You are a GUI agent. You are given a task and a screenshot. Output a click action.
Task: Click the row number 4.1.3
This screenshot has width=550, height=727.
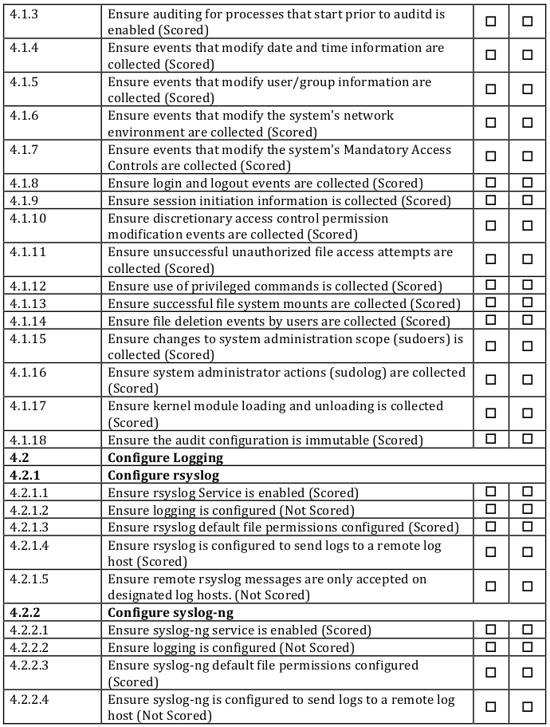pyautogui.click(x=24, y=14)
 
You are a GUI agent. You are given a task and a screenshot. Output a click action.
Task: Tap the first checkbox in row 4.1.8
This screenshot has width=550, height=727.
pyautogui.click(x=490, y=183)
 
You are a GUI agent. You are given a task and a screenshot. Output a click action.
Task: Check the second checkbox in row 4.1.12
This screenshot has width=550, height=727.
pyautogui.click(x=527, y=286)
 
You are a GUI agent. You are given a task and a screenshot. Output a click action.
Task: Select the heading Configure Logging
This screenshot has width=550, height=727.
pyautogui.click(x=165, y=458)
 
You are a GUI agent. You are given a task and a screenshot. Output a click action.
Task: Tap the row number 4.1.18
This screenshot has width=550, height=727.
pyautogui.click(x=28, y=441)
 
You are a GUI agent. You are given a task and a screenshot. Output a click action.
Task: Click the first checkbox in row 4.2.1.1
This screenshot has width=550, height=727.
pyautogui.click(x=490, y=492)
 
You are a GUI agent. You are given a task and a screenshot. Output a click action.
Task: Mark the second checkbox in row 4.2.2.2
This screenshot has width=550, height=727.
pyautogui.click(x=527, y=646)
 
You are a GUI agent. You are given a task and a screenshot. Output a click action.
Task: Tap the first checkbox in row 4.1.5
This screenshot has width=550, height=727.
pyautogui.click(x=490, y=89)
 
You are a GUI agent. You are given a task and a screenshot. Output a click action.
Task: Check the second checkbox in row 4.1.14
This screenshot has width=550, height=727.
pyautogui.click(x=527, y=320)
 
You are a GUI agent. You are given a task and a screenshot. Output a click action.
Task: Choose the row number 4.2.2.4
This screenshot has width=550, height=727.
pyautogui.click(x=29, y=700)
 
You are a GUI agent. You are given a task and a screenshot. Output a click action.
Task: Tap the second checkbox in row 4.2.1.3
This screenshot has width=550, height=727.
pyautogui.click(x=527, y=527)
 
